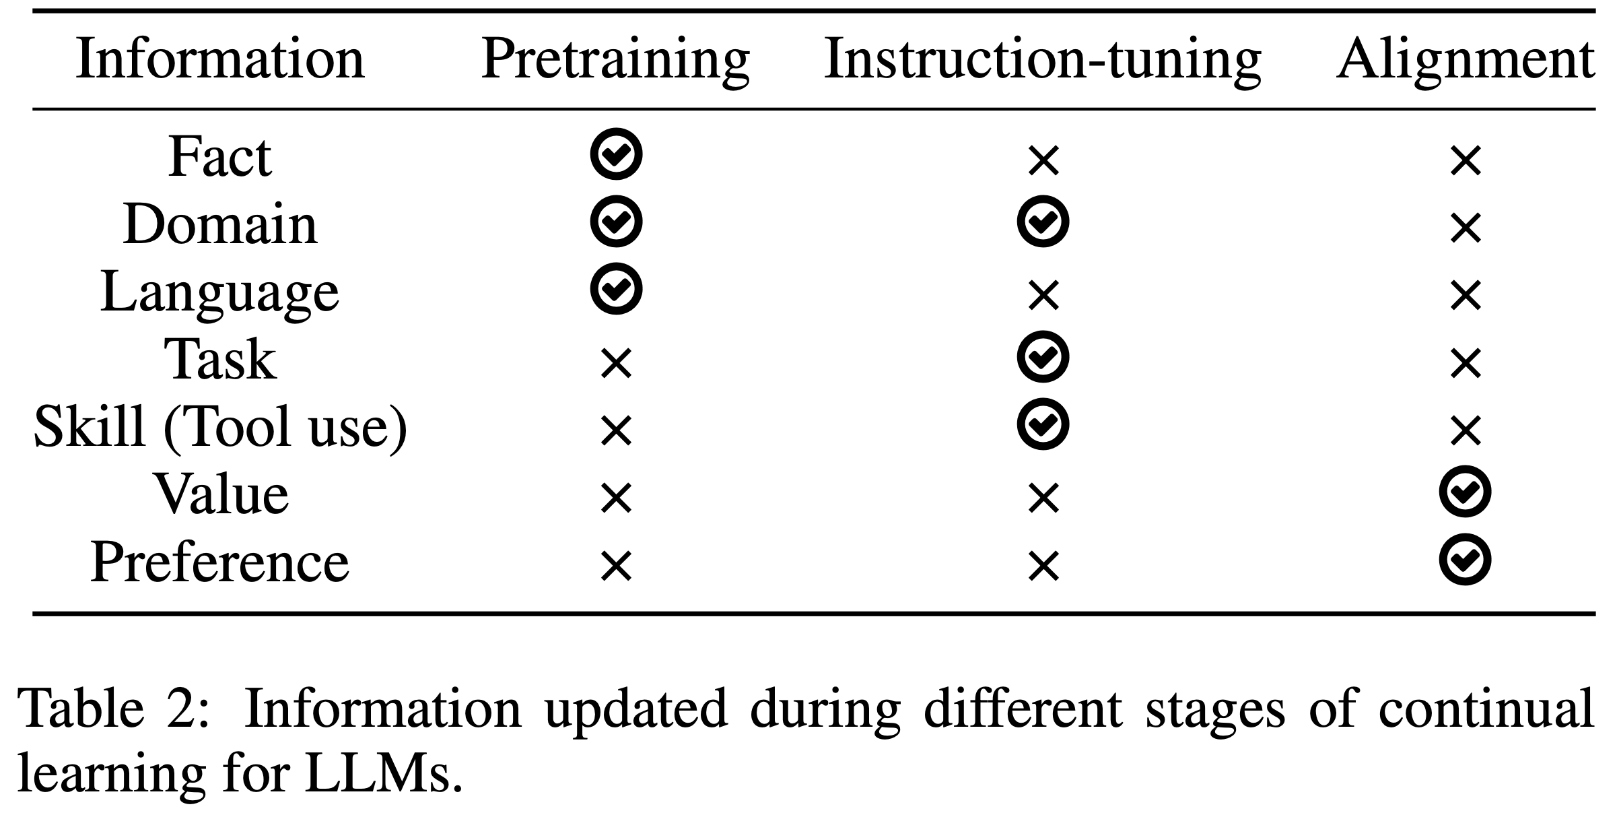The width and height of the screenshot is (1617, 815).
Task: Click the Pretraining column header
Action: click(x=615, y=60)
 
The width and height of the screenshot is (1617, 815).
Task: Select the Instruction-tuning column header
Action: click(x=1042, y=60)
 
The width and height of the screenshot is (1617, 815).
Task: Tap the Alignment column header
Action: click(x=1465, y=60)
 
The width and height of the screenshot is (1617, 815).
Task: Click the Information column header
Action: click(x=220, y=60)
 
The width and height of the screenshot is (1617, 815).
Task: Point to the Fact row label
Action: click(x=220, y=157)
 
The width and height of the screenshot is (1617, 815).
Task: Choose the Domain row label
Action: click(x=220, y=224)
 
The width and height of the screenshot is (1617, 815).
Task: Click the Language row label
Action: click(x=220, y=292)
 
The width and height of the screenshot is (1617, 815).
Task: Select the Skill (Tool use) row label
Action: click(x=220, y=427)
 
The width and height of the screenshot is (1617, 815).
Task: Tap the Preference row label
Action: click(x=220, y=562)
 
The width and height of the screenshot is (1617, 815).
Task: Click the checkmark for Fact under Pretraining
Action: click(x=616, y=154)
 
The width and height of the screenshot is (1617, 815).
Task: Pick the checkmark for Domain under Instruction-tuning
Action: click(x=1043, y=222)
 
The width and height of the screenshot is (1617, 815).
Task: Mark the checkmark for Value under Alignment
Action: click(x=1465, y=492)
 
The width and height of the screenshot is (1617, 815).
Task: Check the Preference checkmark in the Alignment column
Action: click(x=1465, y=560)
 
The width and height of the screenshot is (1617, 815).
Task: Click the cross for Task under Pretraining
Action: click(x=616, y=364)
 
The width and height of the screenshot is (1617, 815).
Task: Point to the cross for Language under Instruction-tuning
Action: click(x=1043, y=296)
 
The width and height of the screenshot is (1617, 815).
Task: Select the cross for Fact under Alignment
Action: click(x=1466, y=161)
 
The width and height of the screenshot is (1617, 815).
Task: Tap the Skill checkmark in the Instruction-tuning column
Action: click(x=1043, y=424)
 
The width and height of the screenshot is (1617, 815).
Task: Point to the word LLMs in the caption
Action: click(x=384, y=776)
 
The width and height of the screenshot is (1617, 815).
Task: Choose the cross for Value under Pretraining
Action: click(x=616, y=498)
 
